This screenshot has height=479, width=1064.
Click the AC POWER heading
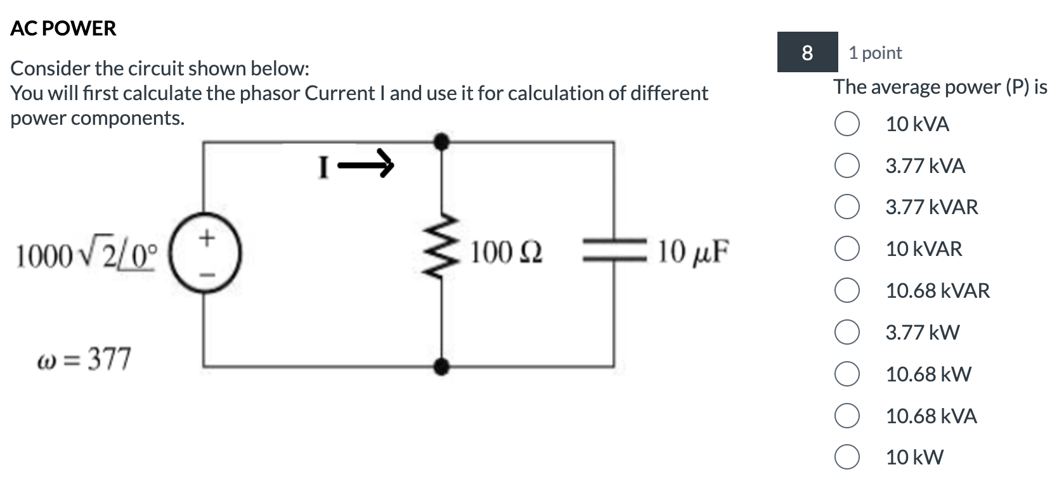[63, 29]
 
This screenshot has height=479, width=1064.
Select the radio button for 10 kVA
[847, 124]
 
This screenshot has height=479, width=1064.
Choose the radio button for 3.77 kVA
[847, 166]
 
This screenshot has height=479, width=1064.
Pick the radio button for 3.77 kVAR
[847, 207]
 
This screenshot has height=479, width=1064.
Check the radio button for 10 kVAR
[847, 249]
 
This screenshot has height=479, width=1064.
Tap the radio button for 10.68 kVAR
[847, 291]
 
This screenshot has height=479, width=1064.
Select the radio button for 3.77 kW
[847, 333]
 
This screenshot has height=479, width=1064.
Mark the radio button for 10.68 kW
[847, 374]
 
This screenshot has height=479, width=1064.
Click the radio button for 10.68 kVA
[847, 416]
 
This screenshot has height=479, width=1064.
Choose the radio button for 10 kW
[847, 457]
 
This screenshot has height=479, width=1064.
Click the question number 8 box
[807, 53]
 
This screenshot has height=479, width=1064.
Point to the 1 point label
[875, 53]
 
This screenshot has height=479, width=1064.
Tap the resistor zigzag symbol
[443, 252]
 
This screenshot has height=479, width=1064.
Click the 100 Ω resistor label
[506, 252]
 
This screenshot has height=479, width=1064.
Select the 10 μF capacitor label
[692, 252]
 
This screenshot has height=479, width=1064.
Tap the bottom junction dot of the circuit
[443, 366]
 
